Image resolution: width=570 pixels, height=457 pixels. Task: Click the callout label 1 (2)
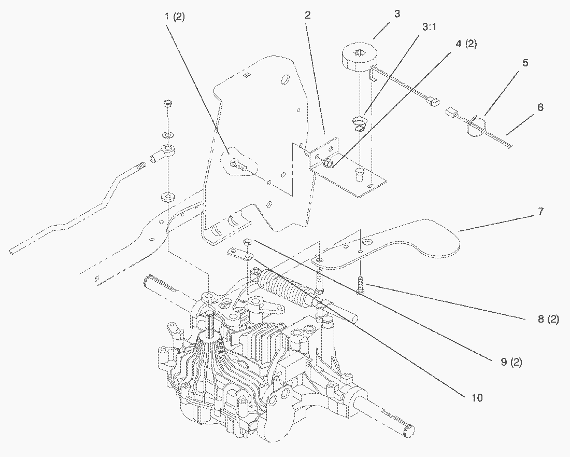(174, 18)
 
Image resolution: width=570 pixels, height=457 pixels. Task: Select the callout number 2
(307, 16)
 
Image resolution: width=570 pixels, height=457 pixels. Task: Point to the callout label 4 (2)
(466, 44)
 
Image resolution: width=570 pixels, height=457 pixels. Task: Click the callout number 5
(524, 63)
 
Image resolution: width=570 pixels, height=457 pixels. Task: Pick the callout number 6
(540, 107)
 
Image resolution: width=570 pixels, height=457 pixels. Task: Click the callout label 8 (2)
(548, 320)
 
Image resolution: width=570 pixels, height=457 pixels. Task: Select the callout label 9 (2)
(511, 362)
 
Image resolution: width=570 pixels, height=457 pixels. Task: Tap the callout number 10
(477, 398)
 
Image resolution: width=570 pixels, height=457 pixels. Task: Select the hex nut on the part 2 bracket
(327, 164)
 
